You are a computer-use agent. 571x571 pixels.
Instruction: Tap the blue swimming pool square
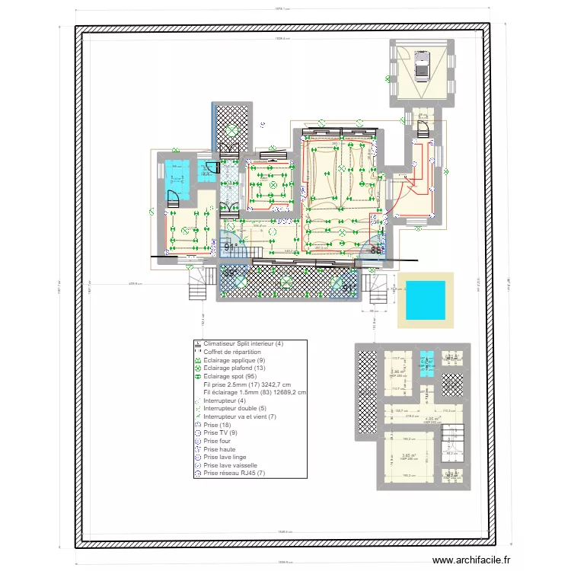(425, 300)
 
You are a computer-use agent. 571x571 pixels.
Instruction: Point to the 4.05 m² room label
(432, 418)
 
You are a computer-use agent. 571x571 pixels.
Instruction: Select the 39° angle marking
(228, 272)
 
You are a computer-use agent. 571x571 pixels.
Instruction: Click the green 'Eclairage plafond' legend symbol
(198, 368)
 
